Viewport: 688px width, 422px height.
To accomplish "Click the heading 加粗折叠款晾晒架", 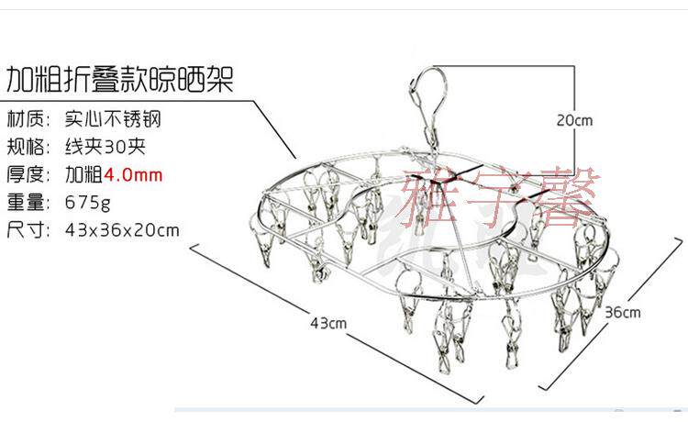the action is click(x=119, y=80).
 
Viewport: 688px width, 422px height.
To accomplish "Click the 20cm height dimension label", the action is click(x=575, y=119).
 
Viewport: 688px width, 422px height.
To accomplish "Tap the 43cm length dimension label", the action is click(x=327, y=322).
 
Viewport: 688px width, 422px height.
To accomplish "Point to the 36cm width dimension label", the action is click(x=623, y=312).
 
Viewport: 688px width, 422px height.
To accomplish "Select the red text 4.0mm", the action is click(x=133, y=174).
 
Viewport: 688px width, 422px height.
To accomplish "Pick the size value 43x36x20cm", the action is click(x=122, y=229).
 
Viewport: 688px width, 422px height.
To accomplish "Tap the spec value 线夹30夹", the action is click(x=105, y=147).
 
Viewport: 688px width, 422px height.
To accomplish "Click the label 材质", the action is click(x=28, y=119).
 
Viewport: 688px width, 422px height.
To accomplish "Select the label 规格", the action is click(x=28, y=147).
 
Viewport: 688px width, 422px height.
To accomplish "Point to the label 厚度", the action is click(x=28, y=174).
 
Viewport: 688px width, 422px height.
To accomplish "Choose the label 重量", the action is click(x=28, y=202).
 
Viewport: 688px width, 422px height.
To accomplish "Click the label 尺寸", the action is click(x=28, y=229).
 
